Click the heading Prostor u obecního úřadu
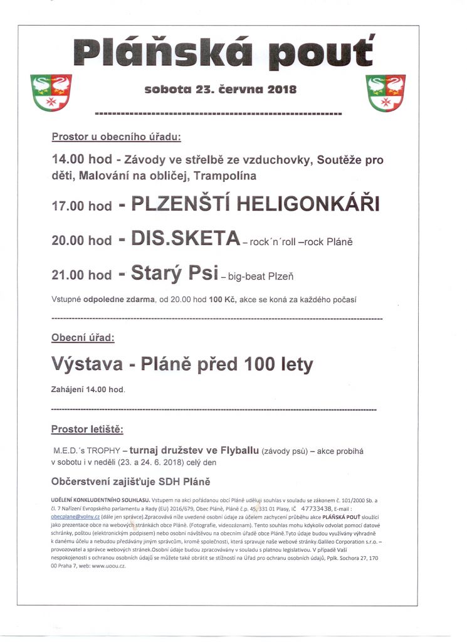tap(116, 136)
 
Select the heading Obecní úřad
tap(83, 337)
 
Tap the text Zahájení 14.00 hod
tap(87, 389)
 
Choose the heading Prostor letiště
tap(87, 429)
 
